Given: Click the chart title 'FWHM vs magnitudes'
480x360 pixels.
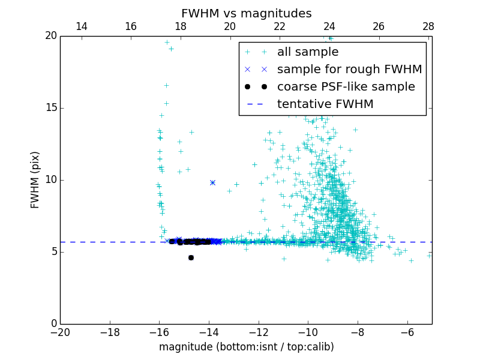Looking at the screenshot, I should [246, 13].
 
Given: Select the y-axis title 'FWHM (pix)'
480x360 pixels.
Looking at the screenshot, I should [35, 179].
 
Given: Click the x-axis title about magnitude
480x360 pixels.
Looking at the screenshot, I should [246, 347].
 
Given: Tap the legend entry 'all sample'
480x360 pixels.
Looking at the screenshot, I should [308, 52].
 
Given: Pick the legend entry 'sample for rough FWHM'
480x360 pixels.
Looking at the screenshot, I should [349, 69].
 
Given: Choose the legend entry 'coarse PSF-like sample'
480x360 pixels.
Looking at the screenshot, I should [346, 86].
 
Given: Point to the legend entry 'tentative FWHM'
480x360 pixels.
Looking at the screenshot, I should [325, 104].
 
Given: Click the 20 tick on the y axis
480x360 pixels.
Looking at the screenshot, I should [50, 36].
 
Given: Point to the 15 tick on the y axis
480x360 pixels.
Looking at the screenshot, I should [50, 108].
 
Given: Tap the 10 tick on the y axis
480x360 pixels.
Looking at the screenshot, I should [50, 180].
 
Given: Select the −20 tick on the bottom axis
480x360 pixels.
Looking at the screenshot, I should [60, 332].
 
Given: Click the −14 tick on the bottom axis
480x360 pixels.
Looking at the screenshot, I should [209, 332].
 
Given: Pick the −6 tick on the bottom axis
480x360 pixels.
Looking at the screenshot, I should [407, 332].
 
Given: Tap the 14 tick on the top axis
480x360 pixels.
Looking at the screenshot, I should [81, 26].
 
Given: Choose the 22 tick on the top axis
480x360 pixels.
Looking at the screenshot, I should [280, 26].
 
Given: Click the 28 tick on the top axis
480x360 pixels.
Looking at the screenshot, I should [428, 26].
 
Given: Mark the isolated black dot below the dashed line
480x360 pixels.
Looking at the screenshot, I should [191, 257].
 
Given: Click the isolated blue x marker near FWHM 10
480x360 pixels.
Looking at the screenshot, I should [212, 182].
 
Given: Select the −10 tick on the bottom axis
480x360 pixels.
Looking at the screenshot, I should [308, 332].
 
